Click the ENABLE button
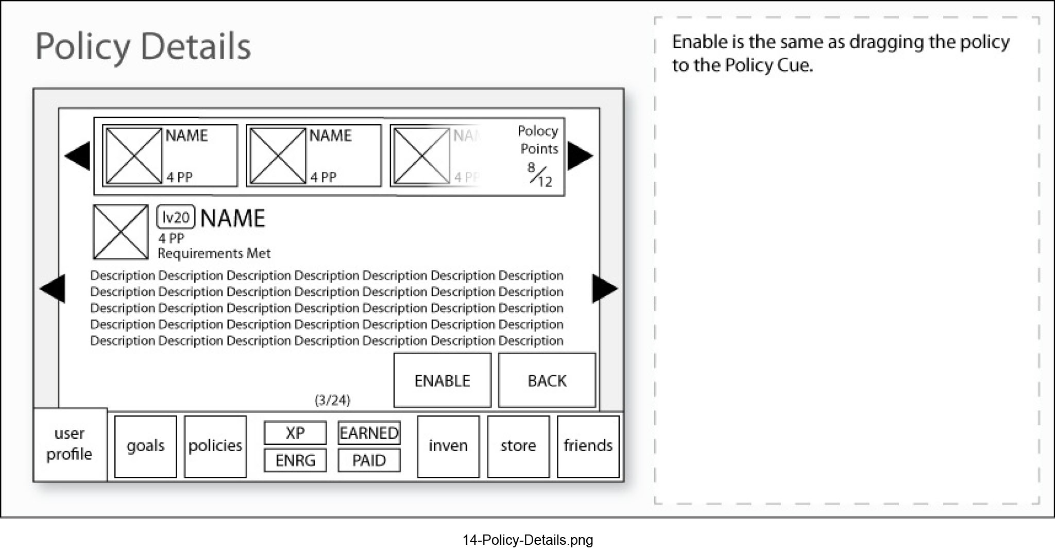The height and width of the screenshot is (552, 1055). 442,380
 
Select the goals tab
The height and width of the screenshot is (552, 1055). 145,446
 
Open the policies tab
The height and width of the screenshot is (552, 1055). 215,446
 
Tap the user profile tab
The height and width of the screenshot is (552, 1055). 70,444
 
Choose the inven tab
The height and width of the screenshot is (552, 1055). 448,446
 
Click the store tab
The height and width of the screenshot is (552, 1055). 518,446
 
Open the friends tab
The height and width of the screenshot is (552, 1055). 588,446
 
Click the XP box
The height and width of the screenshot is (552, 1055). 295,433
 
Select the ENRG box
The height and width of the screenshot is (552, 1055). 295,460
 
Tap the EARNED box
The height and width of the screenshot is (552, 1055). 369,433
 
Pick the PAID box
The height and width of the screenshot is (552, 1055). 369,460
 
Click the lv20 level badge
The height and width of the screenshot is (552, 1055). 176,217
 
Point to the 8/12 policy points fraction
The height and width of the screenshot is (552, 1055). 540,175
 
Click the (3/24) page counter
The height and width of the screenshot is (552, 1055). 332,400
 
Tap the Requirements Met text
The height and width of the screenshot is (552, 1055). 214,253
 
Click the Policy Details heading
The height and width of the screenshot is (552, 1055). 143,46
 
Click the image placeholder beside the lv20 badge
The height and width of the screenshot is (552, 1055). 121,232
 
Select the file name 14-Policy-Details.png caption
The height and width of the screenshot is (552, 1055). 527,540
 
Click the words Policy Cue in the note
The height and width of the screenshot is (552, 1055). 768,65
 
